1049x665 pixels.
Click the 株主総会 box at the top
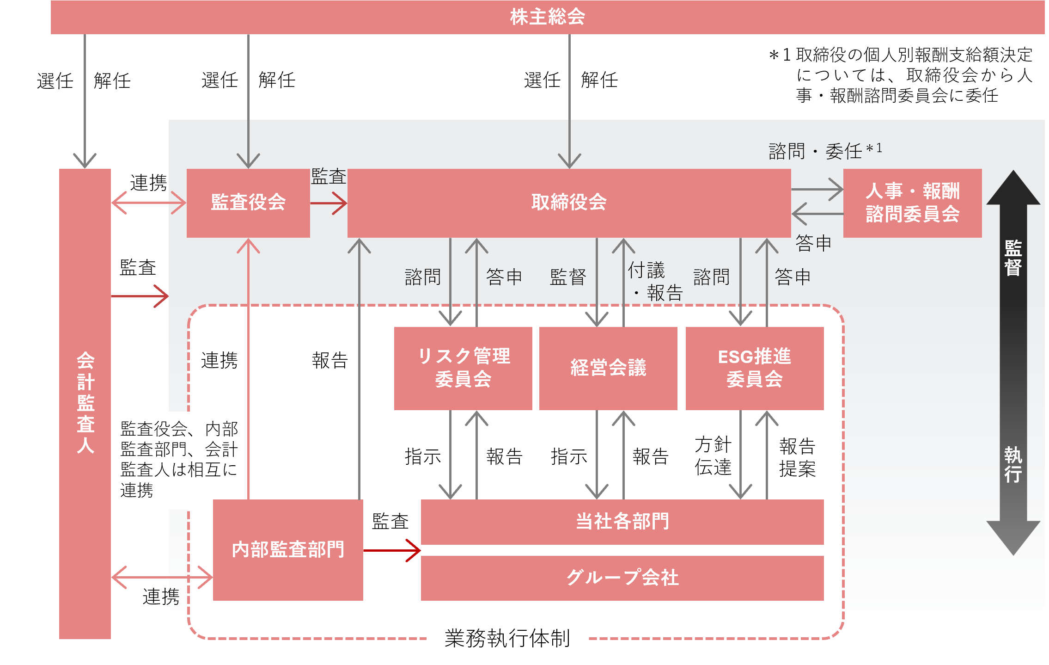547,17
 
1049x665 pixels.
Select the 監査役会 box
248,203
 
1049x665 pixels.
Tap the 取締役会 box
569,203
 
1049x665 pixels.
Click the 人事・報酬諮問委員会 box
912,203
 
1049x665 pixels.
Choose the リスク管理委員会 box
463,368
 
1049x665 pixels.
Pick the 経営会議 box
608,368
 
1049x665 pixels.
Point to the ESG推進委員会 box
754,368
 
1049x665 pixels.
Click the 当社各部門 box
622,522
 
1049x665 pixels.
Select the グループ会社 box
622,578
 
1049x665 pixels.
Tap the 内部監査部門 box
288,549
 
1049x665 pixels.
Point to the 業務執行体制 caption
507,639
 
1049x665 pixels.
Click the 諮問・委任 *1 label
825,151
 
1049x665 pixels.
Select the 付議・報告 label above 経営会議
654,282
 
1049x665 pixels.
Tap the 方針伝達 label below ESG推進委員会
713,456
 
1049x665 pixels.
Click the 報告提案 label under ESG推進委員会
797,457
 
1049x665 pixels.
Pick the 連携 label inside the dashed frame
219,360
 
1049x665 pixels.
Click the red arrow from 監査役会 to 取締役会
329,203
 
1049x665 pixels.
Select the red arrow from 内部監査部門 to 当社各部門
392,550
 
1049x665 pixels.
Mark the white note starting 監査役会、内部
179,459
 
